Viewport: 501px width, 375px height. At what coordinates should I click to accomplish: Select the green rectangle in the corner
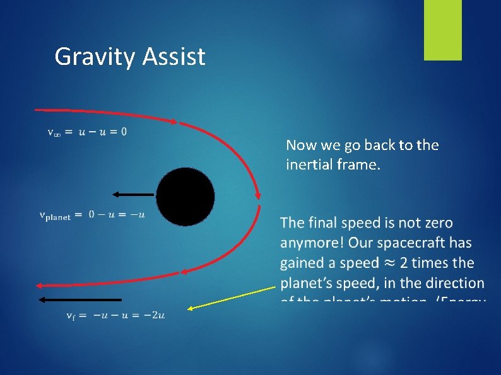442,30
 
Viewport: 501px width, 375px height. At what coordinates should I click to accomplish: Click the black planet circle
186,197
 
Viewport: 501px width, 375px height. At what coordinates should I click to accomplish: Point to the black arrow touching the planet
134,194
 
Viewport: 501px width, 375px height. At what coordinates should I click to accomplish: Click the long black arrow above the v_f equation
80,299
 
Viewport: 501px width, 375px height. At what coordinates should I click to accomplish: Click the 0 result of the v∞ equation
123,132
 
